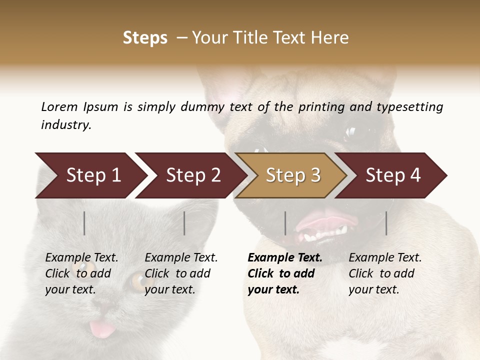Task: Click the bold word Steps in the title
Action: (145, 38)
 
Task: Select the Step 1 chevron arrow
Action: (90, 175)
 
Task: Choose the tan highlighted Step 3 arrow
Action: (292, 175)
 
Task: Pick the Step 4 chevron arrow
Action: (392, 175)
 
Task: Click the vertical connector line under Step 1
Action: (84, 223)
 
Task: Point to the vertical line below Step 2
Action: (184, 223)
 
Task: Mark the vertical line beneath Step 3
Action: (285, 223)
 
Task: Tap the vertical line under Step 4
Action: (386, 223)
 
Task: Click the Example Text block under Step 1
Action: (81, 273)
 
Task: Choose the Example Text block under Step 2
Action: (180, 273)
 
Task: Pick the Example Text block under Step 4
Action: (384, 273)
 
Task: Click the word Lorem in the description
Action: (59, 107)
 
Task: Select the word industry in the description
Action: (65, 125)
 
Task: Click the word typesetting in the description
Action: (409, 107)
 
